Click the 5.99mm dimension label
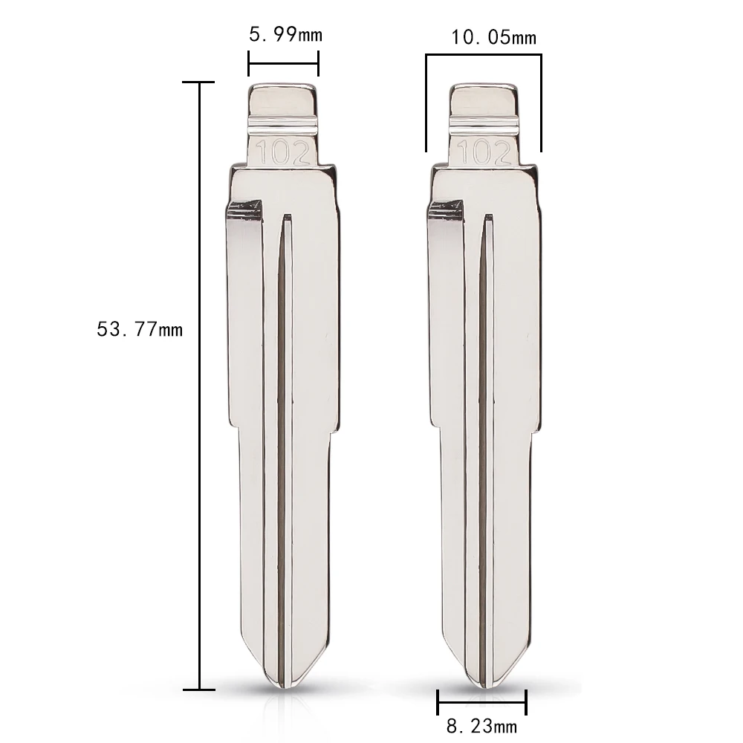pyautogui.click(x=286, y=35)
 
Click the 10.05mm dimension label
pyautogui.click(x=493, y=37)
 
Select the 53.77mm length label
pyautogui.click(x=140, y=329)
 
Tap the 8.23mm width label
pyautogui.click(x=481, y=725)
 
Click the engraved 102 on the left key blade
pyautogui.click(x=283, y=152)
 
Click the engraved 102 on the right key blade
pyautogui.click(x=484, y=152)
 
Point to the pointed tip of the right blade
pyautogui.click(x=484, y=685)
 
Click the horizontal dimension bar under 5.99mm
pyautogui.click(x=283, y=63)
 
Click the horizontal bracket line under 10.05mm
pyautogui.click(x=484, y=55)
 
